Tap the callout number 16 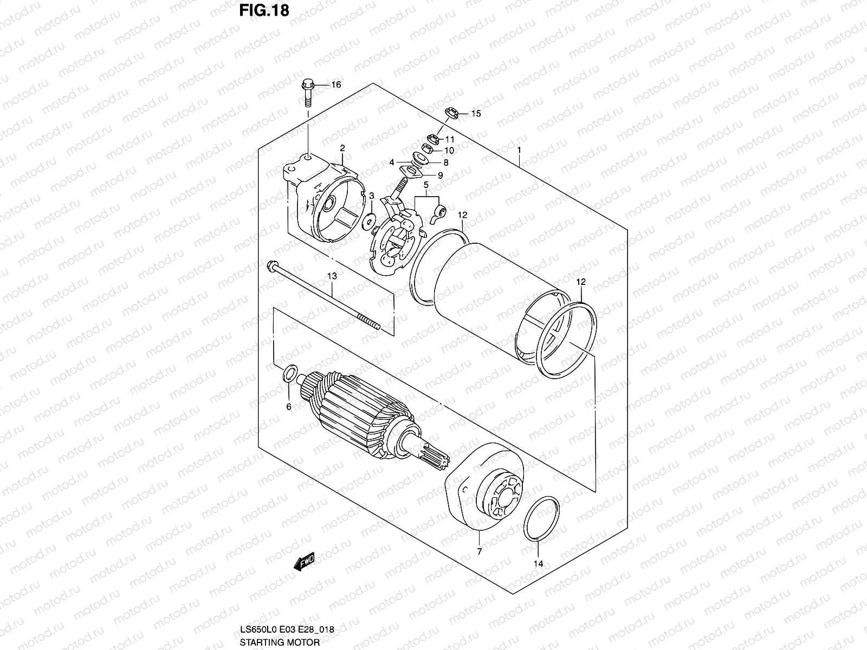click(336, 85)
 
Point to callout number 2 click(342, 148)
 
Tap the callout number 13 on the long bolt click(332, 276)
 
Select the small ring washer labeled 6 click(290, 372)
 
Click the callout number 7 click(479, 552)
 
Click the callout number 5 click(426, 186)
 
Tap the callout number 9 click(440, 175)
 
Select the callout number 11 click(450, 139)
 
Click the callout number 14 click(538, 564)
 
